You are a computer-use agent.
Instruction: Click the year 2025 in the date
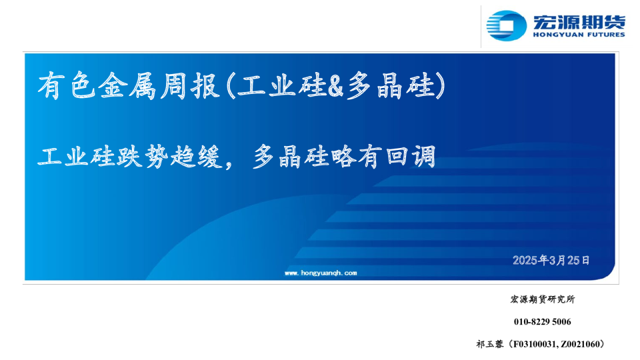(x=525, y=260)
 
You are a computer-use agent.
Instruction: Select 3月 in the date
(x=559, y=260)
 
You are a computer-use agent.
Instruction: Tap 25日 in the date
(x=579, y=260)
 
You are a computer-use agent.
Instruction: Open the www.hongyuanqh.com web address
(x=321, y=273)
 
